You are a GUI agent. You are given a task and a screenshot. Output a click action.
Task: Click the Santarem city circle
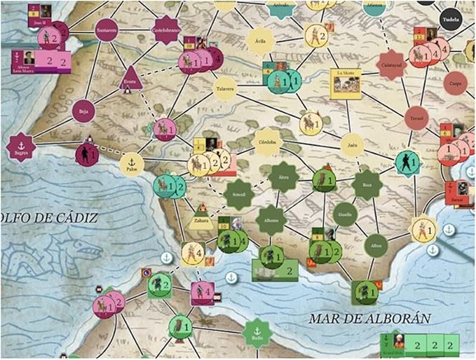pyautogui.click(x=107, y=31)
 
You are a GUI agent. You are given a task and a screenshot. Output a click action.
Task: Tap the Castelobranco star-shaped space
pyautogui.click(x=166, y=30)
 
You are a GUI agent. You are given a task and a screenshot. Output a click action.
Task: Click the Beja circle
pyautogui.click(x=83, y=110)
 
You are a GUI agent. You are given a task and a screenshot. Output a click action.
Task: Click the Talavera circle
pyautogui.click(x=225, y=88)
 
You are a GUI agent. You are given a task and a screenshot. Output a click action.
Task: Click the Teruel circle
pyautogui.click(x=416, y=118)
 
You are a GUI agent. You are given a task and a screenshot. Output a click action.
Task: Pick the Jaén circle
pyautogui.click(x=353, y=145)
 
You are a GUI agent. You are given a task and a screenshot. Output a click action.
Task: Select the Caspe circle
pyautogui.click(x=456, y=83)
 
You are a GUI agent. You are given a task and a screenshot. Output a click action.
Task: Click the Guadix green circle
pyautogui.click(x=345, y=214)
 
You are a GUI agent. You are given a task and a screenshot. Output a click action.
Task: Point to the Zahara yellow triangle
pyautogui.click(x=201, y=221)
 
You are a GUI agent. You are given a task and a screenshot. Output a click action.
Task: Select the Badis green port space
pyautogui.click(x=257, y=333)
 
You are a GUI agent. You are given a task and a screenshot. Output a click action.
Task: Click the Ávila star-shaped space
pyautogui.click(x=261, y=39)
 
